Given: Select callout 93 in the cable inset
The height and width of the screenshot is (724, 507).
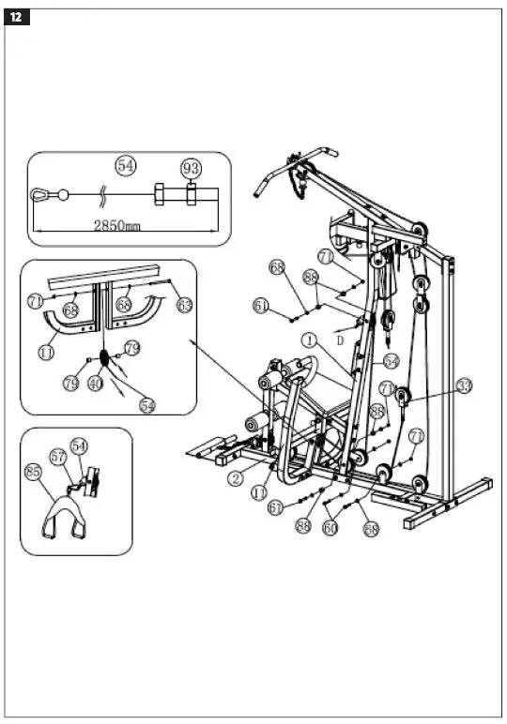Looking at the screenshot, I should [x=191, y=168].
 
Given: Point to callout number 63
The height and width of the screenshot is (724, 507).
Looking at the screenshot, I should [x=185, y=304].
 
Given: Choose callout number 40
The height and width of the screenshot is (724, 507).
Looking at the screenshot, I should [x=95, y=383].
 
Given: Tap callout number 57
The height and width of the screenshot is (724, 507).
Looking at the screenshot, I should [x=58, y=457].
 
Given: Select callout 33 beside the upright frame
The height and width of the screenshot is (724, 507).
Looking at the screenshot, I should [x=464, y=385].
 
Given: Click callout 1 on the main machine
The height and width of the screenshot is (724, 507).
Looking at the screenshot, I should [x=309, y=339].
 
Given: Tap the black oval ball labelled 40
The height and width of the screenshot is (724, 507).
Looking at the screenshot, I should [x=103, y=359].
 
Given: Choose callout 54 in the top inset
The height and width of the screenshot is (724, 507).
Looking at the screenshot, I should [x=126, y=165].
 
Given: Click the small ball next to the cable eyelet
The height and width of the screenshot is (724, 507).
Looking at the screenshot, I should [x=63, y=195].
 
